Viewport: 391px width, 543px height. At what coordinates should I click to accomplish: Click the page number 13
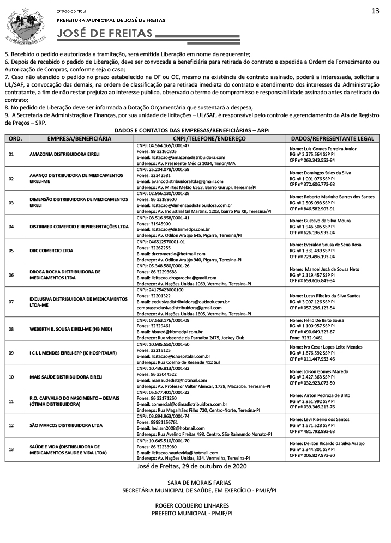(375, 11)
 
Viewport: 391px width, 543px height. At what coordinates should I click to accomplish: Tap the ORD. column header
(15, 139)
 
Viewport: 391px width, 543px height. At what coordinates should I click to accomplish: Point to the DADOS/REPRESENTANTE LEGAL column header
(332, 139)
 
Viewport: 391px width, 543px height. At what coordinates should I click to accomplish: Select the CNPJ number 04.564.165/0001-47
(163, 145)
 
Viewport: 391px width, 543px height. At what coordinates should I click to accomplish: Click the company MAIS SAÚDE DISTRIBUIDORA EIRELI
(66, 376)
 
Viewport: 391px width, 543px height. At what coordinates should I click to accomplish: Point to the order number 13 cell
(11, 449)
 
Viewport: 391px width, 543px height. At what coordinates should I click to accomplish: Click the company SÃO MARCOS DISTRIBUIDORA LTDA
(66, 424)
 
